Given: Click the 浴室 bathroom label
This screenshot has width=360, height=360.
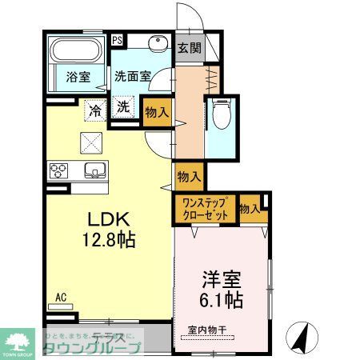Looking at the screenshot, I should click(x=78, y=78).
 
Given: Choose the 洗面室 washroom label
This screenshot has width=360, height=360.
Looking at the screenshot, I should click(x=132, y=78).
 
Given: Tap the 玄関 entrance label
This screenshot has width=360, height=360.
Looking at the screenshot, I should click(x=189, y=47).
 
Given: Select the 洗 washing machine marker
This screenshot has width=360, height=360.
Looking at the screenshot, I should click(x=124, y=108).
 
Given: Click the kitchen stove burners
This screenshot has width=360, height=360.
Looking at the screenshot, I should click(x=59, y=170).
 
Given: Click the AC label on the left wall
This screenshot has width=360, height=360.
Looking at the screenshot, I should click(x=61, y=298).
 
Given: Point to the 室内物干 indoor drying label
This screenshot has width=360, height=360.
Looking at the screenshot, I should click(x=209, y=329).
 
